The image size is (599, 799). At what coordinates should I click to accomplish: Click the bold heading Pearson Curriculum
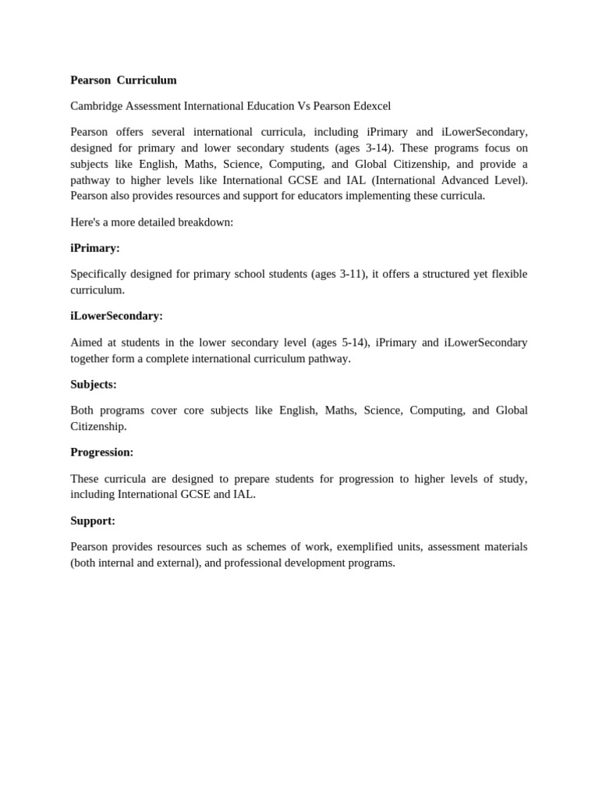click(x=123, y=80)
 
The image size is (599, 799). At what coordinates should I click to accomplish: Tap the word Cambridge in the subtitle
click(x=97, y=106)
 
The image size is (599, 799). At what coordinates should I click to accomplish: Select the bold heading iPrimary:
click(x=95, y=248)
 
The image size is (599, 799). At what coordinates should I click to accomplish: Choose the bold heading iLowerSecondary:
click(x=116, y=316)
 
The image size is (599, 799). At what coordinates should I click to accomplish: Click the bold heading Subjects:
click(x=94, y=385)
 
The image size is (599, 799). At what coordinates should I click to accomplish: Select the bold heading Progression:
click(x=102, y=453)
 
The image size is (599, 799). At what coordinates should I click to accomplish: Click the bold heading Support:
click(x=93, y=520)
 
